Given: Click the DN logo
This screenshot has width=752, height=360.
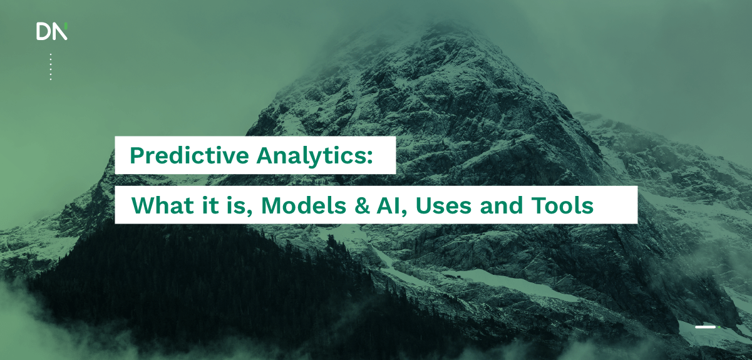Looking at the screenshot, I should pos(51,31).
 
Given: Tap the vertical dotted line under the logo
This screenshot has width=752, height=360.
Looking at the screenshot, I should pos(51,67).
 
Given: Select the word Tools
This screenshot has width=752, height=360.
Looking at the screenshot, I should pos(562,205).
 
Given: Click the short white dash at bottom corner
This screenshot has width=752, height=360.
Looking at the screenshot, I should pos(705,327).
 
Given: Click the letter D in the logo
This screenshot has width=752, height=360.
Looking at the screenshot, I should pos(43,31).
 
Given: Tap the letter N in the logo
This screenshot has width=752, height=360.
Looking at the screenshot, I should pos(59,31).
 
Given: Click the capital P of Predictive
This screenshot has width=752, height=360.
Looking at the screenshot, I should pos(136,155).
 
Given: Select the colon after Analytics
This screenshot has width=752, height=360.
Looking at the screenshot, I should pos(369,157).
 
